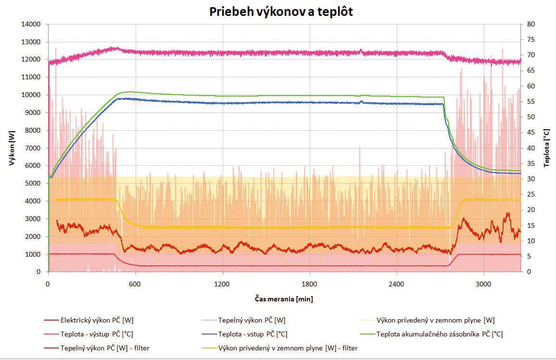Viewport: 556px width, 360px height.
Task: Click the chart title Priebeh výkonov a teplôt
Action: point(281,12)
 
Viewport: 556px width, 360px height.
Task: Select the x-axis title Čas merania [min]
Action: point(284,299)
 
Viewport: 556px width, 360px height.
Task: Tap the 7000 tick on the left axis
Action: point(35,148)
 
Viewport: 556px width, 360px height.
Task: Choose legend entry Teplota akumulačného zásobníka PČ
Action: point(440,334)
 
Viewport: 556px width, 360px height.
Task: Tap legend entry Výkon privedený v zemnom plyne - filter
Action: point(288,348)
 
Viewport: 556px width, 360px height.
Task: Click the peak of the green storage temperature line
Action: point(127,91)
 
